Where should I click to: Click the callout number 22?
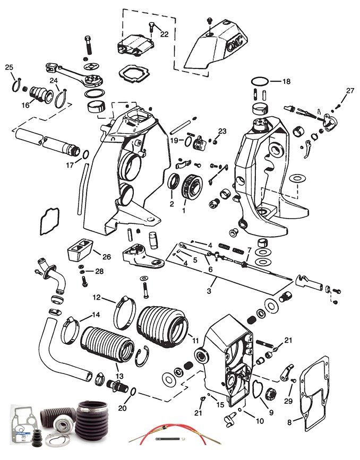tap(164, 34)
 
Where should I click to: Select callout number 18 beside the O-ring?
tap(286, 81)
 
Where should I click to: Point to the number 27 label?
tap(350, 91)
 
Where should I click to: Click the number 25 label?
tap(9, 67)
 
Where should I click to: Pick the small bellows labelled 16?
tap(38, 93)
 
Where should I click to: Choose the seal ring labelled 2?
tap(174, 184)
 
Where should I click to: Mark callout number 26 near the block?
tap(106, 257)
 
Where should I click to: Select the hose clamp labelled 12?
tap(124, 313)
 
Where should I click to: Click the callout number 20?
tap(123, 408)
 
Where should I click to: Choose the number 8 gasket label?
tap(289, 423)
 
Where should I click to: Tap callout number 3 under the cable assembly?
tap(209, 291)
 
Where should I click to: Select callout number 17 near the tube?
tap(70, 166)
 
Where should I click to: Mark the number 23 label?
tap(222, 131)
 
